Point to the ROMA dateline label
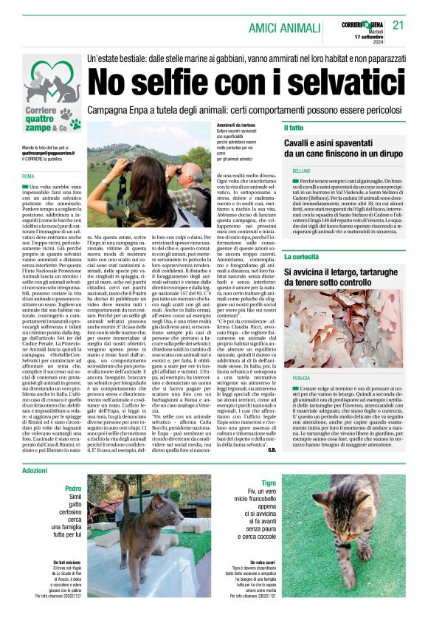pyautogui.click(x=29, y=176)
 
